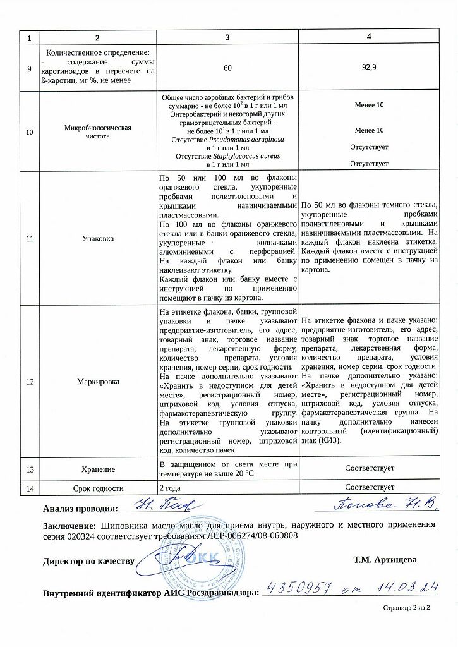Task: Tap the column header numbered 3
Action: point(229,37)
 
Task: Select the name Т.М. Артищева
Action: point(385,560)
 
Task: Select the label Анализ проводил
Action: point(80,508)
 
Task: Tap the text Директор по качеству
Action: point(88,561)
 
